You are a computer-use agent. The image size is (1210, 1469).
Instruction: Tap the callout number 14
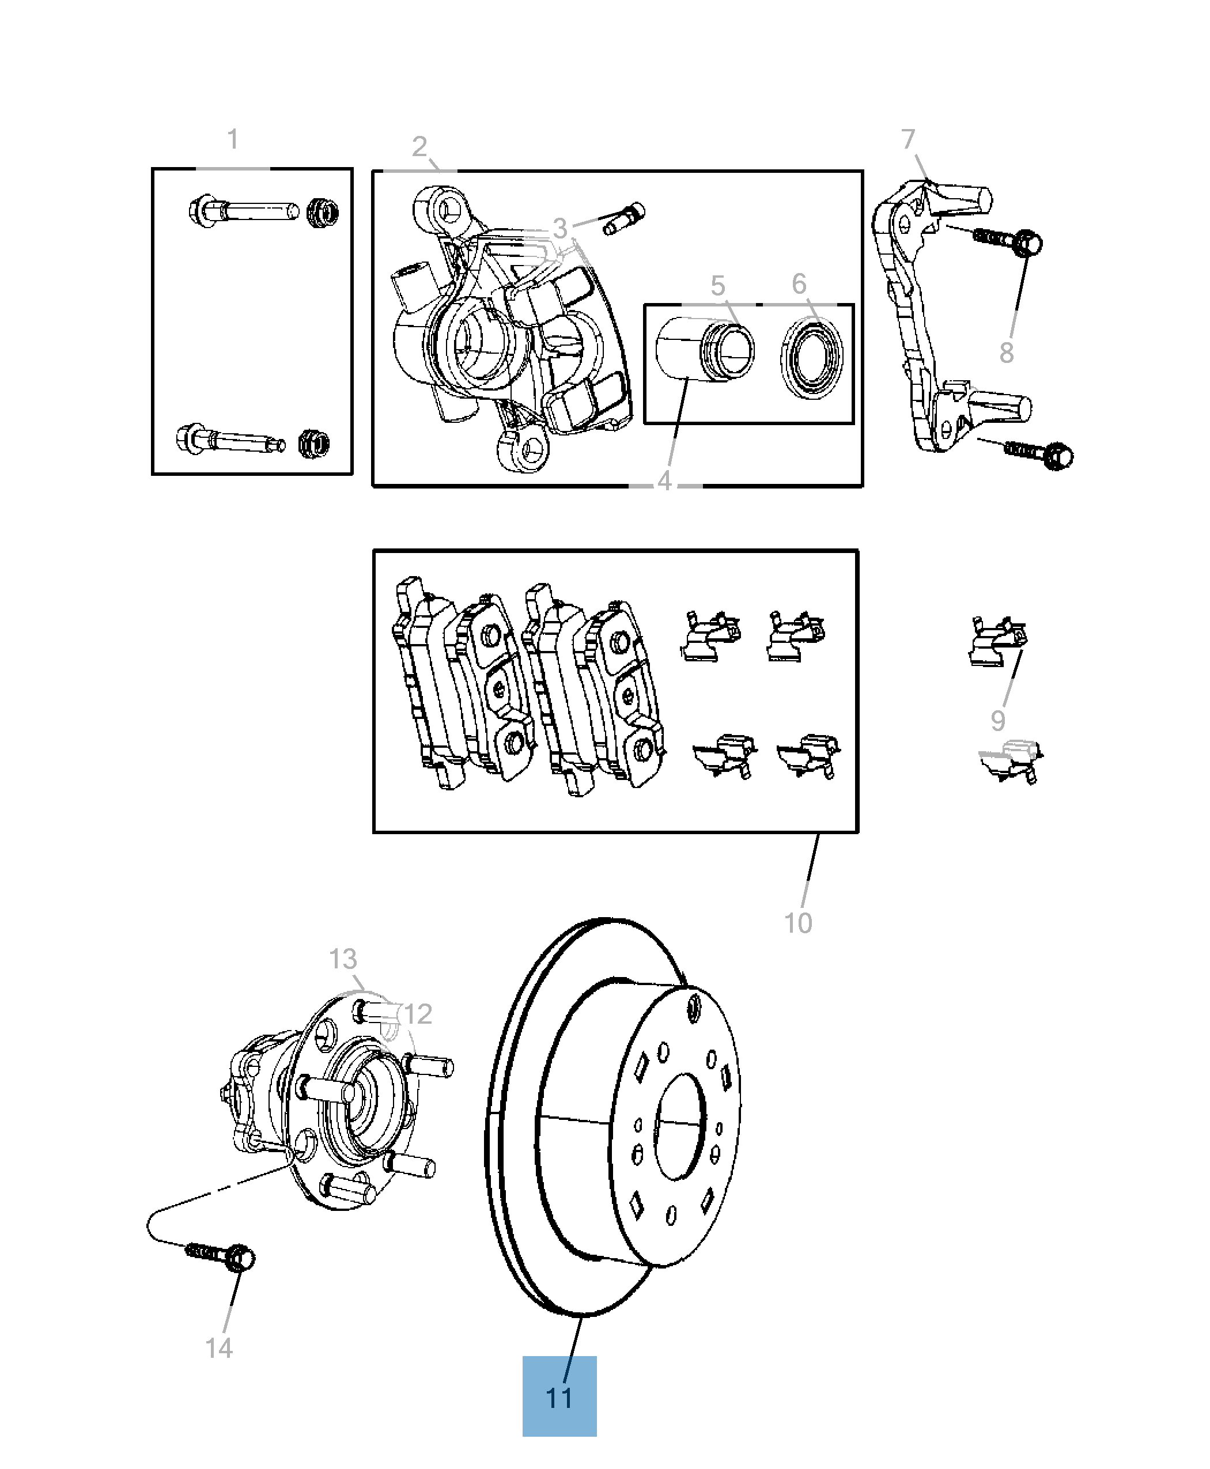click(x=219, y=1349)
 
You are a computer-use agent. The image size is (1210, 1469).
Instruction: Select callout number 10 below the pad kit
click(x=798, y=923)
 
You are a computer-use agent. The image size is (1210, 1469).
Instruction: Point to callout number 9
click(x=998, y=721)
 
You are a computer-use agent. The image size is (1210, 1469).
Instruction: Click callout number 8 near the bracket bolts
click(x=1007, y=353)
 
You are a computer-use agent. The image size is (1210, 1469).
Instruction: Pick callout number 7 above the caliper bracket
click(x=907, y=139)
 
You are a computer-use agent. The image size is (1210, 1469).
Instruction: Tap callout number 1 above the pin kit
click(x=233, y=139)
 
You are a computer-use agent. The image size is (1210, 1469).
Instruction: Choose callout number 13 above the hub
click(x=343, y=960)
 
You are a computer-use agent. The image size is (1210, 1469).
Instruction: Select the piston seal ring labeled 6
click(x=811, y=359)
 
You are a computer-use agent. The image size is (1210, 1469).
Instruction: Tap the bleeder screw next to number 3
click(x=625, y=218)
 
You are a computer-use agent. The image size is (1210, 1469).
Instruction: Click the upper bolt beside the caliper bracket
click(x=1008, y=240)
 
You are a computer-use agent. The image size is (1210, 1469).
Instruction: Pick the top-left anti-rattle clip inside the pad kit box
click(x=710, y=635)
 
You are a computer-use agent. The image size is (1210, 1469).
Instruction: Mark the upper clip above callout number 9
click(x=998, y=641)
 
